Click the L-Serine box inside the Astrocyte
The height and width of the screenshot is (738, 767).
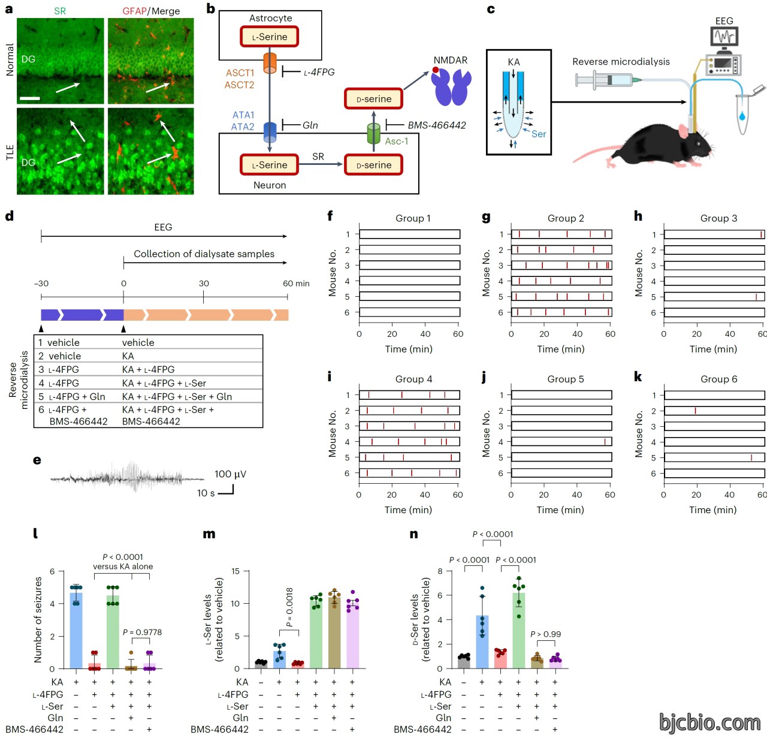pyautogui.click(x=269, y=37)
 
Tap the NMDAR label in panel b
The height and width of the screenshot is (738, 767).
pyautogui.click(x=450, y=60)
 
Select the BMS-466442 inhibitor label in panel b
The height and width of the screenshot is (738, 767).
pyautogui.click(x=436, y=125)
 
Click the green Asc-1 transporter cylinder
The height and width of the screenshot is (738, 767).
pyautogui.click(x=373, y=133)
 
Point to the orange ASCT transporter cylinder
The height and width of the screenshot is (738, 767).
pyautogui.click(x=270, y=63)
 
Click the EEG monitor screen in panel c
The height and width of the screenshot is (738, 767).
pyautogui.click(x=724, y=37)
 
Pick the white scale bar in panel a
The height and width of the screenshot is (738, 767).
pyautogui.click(x=30, y=98)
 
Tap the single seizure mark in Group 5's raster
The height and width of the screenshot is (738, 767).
pyautogui.click(x=604, y=441)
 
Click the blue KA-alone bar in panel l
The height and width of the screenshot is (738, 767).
pyautogui.click(x=76, y=630)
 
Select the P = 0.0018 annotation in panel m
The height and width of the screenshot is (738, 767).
pyautogui.click(x=289, y=607)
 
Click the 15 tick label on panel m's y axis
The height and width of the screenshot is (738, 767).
pyautogui.click(x=235, y=571)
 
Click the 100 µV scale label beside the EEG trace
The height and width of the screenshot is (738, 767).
pyautogui.click(x=230, y=474)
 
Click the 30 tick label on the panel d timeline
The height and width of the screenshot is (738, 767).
pyautogui.click(x=203, y=283)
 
